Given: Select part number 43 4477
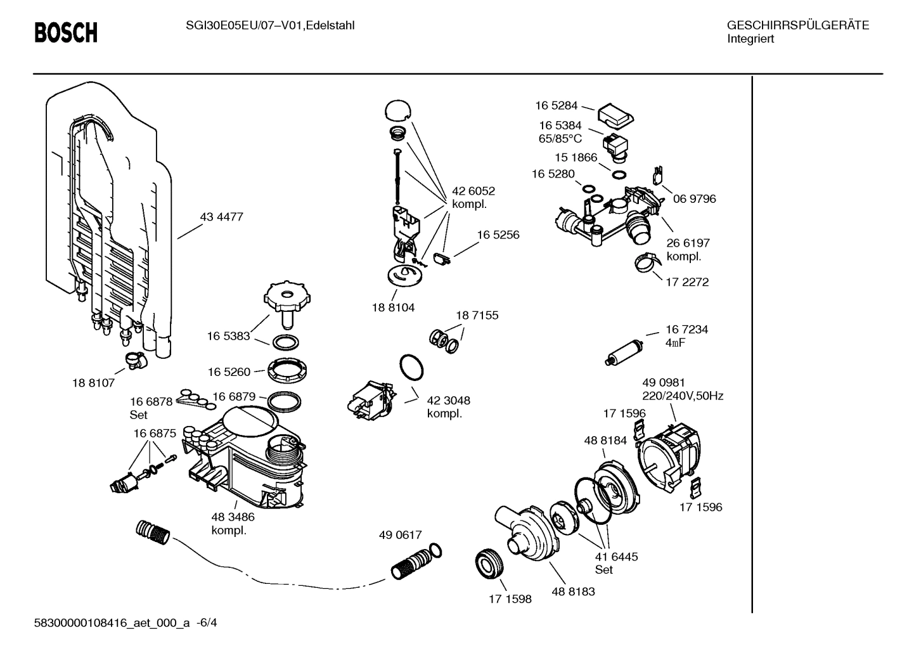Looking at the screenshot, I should point(221,217).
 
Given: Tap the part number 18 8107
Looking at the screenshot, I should point(93,383).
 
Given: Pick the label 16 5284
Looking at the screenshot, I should point(555,106).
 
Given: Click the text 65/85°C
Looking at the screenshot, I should point(560,138).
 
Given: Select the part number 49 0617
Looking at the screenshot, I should point(400,535).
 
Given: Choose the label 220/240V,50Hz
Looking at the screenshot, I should point(683,396).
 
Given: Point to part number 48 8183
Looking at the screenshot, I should point(573,591).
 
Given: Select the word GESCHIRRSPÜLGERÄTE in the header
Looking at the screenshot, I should point(797,25).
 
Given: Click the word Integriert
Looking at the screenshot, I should point(750,39).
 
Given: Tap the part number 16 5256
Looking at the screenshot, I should point(498,235).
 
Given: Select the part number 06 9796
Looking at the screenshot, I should point(694,199).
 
